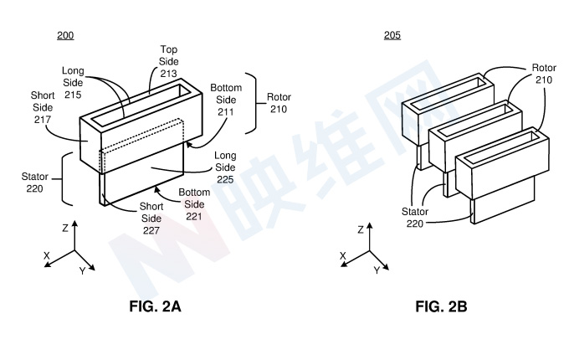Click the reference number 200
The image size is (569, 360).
(65, 35)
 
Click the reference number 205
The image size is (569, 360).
(392, 35)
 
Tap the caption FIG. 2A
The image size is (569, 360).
(155, 306)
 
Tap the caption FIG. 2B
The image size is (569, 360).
(441, 306)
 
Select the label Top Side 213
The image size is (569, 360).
(169, 61)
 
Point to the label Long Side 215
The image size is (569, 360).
(73, 83)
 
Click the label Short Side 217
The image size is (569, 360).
(43, 107)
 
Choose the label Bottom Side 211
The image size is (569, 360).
(226, 100)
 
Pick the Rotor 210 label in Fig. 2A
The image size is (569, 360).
(279, 103)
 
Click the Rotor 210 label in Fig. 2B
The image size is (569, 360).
(544, 74)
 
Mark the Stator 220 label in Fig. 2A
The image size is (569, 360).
(34, 183)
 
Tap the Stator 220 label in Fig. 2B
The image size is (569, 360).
(415, 218)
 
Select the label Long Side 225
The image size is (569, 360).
(225, 167)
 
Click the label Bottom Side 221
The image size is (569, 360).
(194, 204)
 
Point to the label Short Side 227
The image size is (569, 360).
(151, 219)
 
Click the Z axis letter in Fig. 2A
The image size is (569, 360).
(65, 229)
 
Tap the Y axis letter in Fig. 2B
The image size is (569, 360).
(377, 270)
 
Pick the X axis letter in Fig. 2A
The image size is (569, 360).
(47, 256)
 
